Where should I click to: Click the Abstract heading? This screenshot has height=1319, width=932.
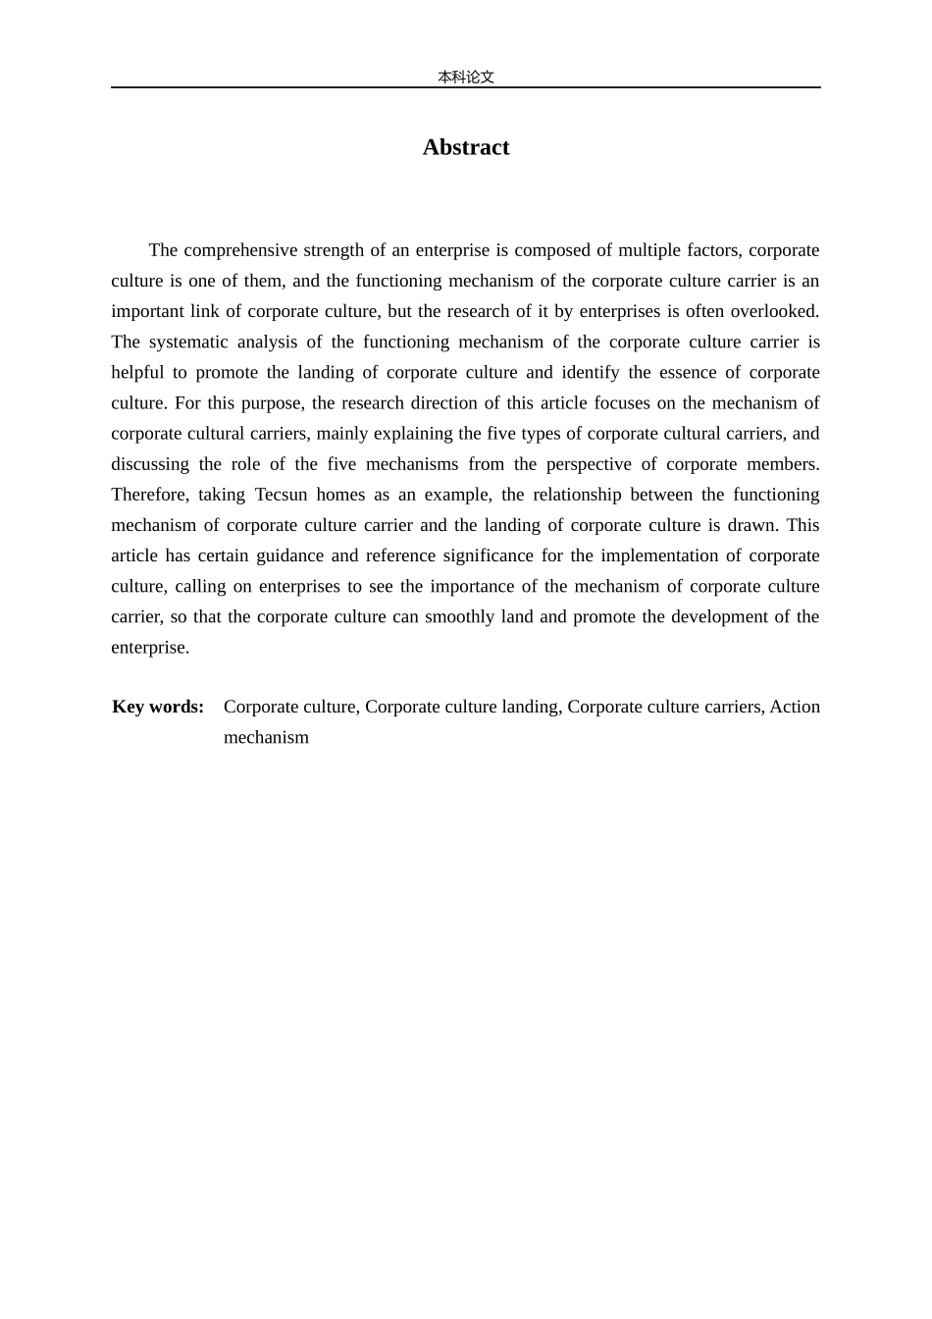pos(466,147)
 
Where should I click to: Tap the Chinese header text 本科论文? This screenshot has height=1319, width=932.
pos(466,77)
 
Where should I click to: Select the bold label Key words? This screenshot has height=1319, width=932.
pos(158,707)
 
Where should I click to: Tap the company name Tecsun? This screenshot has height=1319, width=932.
pos(282,495)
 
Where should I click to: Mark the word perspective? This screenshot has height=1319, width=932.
pos(589,464)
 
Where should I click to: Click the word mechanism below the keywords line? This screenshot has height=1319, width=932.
pos(266,737)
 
